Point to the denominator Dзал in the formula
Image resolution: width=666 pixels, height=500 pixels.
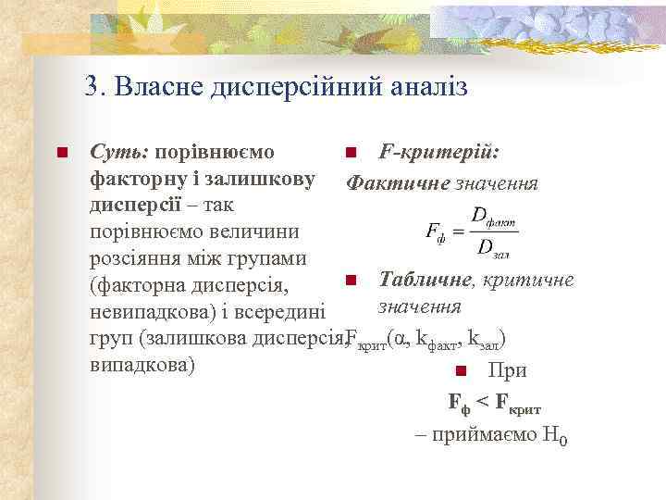coord(493,247)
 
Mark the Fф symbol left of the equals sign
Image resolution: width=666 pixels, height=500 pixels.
coord(434,231)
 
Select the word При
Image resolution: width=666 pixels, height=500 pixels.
coord(509,370)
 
